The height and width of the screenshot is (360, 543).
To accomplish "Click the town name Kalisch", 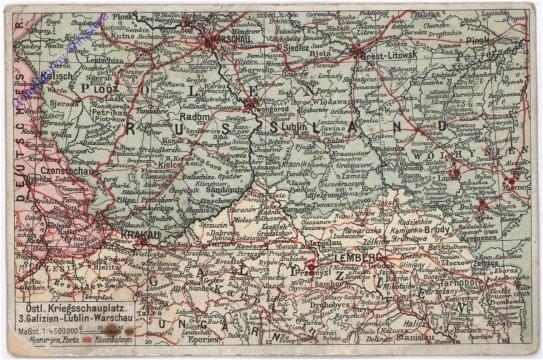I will (x=58, y=76).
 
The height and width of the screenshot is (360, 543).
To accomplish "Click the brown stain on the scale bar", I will (x=113, y=329).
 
